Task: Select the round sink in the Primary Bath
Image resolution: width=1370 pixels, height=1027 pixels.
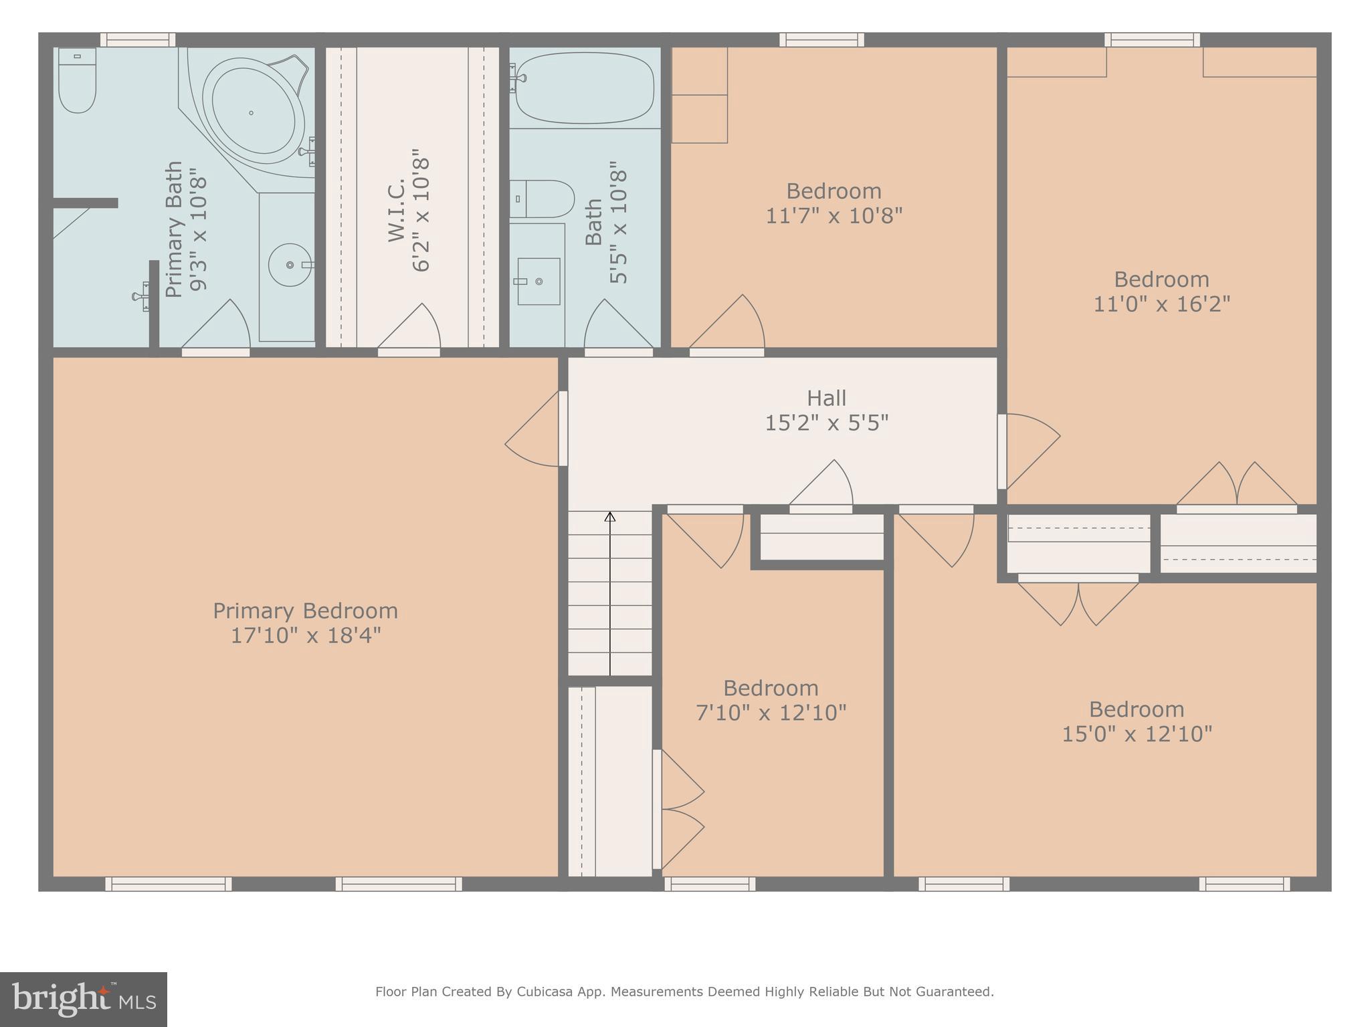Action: coord(290,265)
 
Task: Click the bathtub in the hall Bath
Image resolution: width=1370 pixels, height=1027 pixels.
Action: coord(584,88)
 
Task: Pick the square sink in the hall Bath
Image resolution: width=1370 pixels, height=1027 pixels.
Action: coord(539,281)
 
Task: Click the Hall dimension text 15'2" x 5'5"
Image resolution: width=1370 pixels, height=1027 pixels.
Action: coord(826,423)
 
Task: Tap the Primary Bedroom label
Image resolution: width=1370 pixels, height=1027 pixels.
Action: coord(305,611)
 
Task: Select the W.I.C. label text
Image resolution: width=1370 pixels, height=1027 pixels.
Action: coord(397,209)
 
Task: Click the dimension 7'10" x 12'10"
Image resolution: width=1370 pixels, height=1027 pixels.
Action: coord(771,713)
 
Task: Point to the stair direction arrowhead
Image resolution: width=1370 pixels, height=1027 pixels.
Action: coord(609,517)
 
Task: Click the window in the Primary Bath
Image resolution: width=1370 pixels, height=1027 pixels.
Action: coord(138,40)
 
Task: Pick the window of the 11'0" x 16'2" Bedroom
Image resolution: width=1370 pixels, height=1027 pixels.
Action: coord(1151,40)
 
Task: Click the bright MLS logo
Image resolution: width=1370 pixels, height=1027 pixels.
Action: coord(84,1000)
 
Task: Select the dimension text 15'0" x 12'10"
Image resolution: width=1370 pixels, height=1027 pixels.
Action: coord(1137,734)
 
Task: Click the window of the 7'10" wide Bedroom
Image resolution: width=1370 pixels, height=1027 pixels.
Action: coord(710,884)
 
